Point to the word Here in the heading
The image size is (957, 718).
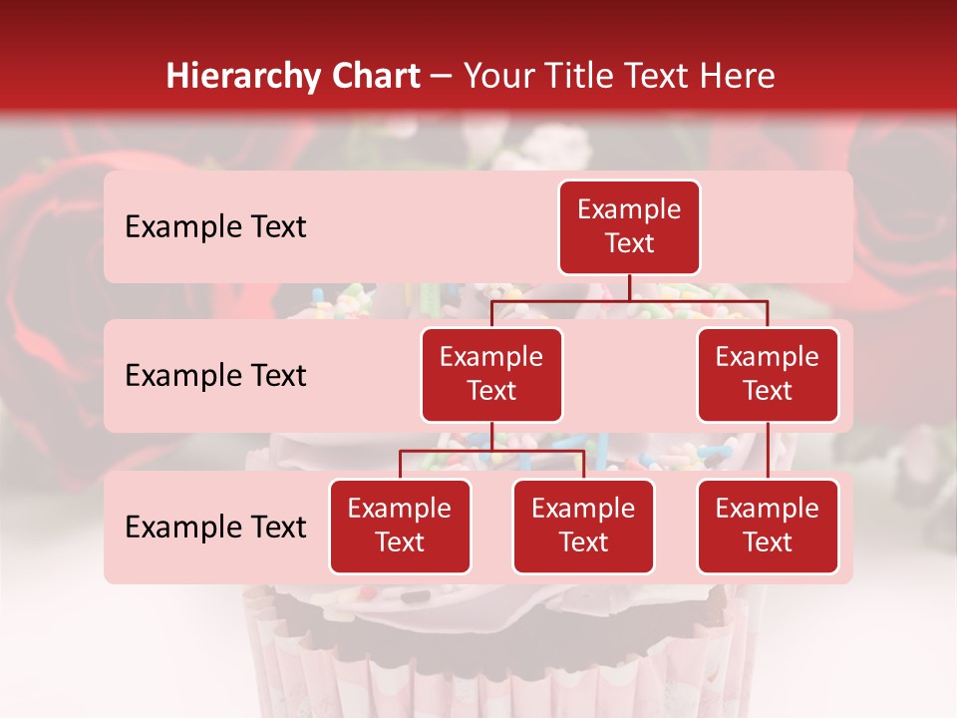(x=737, y=77)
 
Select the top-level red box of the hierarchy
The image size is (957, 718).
(x=629, y=227)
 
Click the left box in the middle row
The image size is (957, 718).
(x=491, y=374)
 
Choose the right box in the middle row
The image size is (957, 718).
(x=768, y=374)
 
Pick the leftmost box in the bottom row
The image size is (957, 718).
(x=400, y=526)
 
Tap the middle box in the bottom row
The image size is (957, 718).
(x=583, y=526)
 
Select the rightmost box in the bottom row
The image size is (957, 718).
(x=768, y=526)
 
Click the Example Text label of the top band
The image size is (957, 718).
(x=215, y=227)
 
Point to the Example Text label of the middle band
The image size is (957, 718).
(x=215, y=376)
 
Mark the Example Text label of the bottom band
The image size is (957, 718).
(x=215, y=528)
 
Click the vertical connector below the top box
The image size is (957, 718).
(x=629, y=287)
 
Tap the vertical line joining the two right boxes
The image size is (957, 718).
(x=768, y=451)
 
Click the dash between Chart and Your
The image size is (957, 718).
(x=441, y=78)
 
